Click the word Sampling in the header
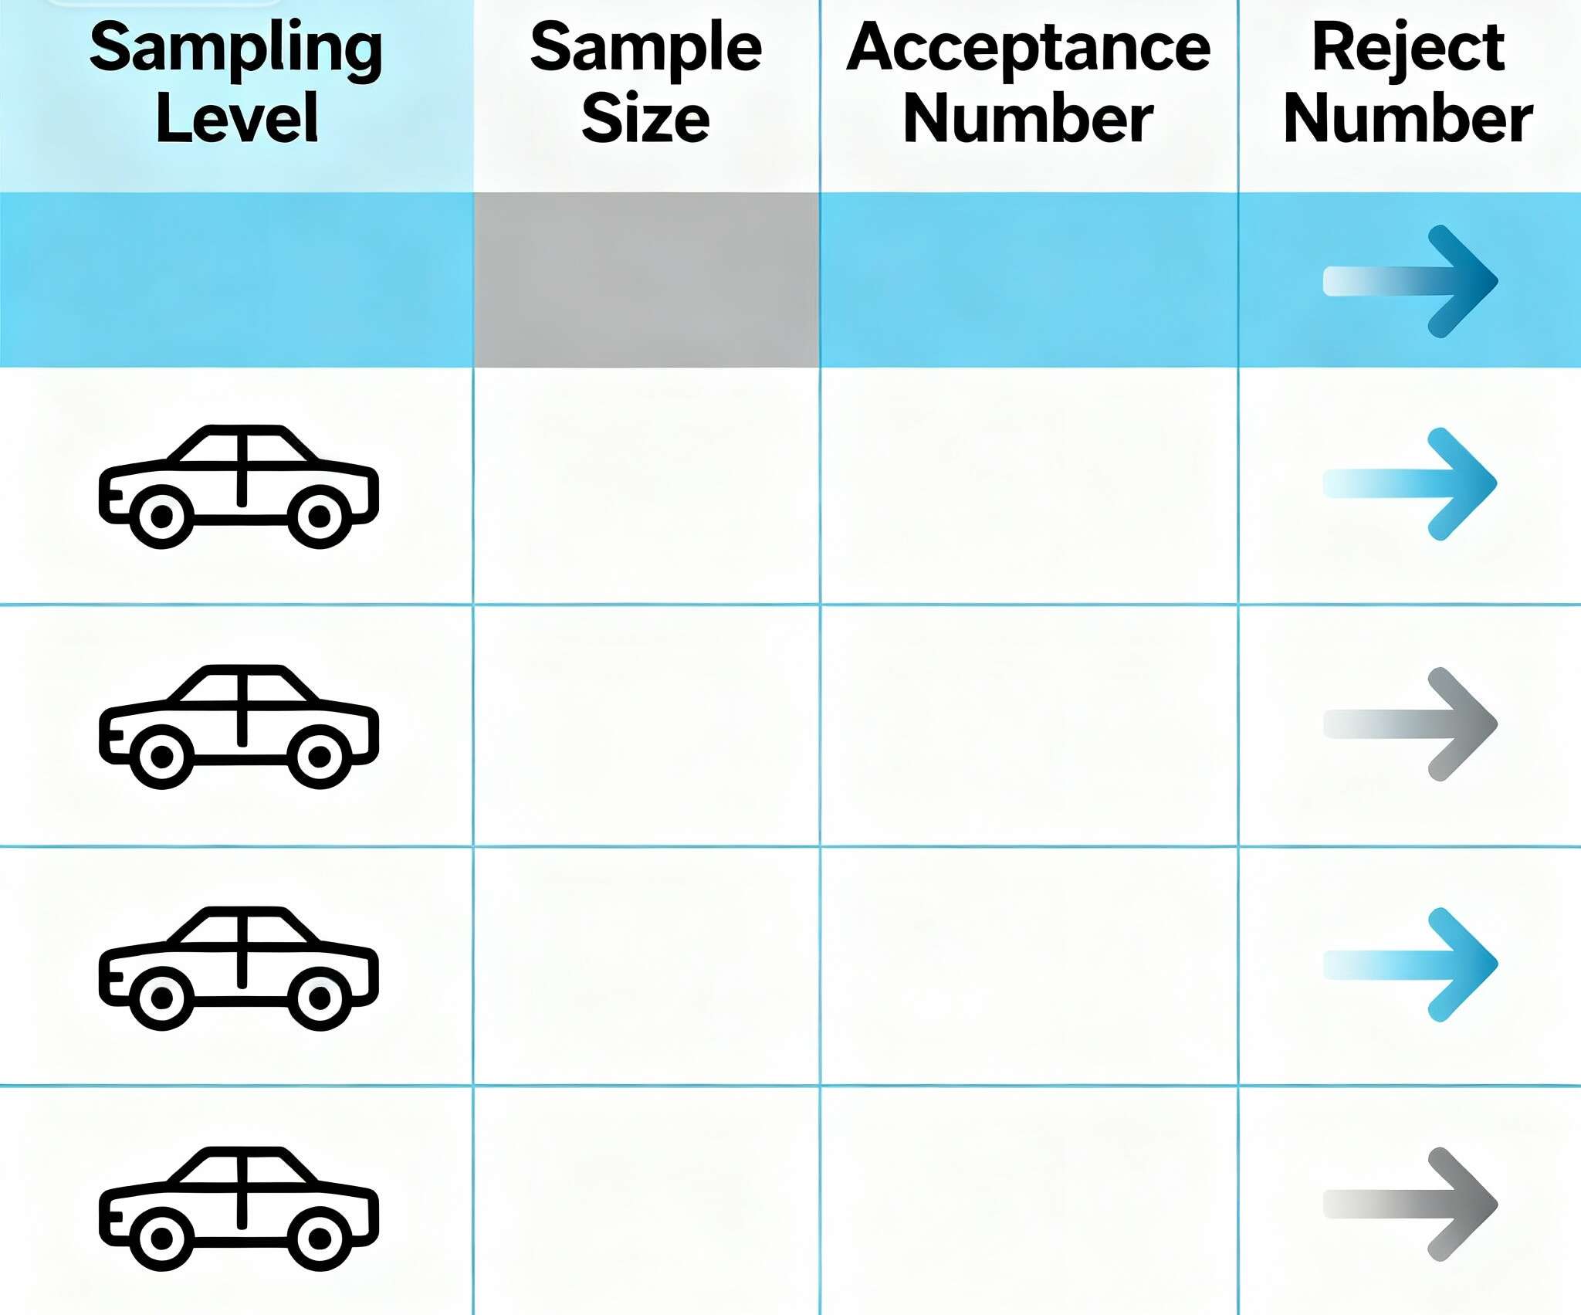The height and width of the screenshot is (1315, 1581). point(236,49)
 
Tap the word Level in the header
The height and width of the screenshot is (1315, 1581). point(237,118)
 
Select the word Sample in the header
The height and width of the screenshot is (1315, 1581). point(646,49)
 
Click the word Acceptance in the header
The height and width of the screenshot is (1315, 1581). point(1028,49)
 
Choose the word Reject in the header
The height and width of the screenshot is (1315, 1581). point(1408,49)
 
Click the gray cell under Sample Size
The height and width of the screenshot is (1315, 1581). point(646,280)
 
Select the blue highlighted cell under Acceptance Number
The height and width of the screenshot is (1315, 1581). point(1028,280)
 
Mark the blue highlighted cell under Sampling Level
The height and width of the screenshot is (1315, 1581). point(236,280)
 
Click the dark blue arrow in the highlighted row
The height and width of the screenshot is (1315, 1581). point(1411,281)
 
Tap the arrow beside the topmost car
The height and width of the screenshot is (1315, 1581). point(1411,484)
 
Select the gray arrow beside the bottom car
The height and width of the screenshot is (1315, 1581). point(1411,1204)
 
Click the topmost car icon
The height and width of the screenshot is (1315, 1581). point(239,486)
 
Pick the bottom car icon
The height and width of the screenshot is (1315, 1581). point(239,1208)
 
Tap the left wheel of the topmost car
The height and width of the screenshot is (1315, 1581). point(161,517)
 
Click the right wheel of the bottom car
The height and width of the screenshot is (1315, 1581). point(320,1239)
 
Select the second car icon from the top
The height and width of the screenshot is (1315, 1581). point(239,726)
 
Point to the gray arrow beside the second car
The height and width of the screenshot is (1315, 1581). point(1411,724)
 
